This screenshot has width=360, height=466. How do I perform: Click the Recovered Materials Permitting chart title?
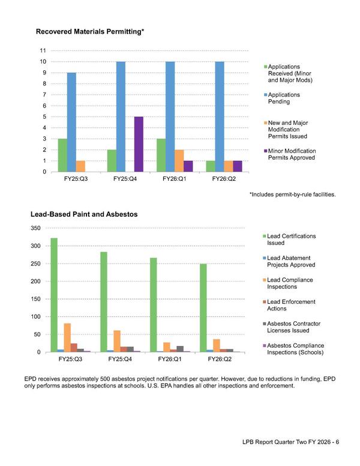pos(90,31)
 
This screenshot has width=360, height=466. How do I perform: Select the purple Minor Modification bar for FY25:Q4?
pos(139,144)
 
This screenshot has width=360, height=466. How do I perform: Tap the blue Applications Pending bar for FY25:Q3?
pos(71,123)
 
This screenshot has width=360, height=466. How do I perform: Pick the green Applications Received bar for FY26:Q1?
pos(161,155)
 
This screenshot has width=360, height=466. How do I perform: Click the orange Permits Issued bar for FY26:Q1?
pos(179,161)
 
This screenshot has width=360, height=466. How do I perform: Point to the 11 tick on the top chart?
pos(43,50)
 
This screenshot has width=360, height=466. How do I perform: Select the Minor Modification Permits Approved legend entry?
pos(292,154)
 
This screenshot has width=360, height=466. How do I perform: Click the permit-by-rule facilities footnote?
pos(292,195)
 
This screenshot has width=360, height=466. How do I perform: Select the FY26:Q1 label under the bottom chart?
pos(170,359)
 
